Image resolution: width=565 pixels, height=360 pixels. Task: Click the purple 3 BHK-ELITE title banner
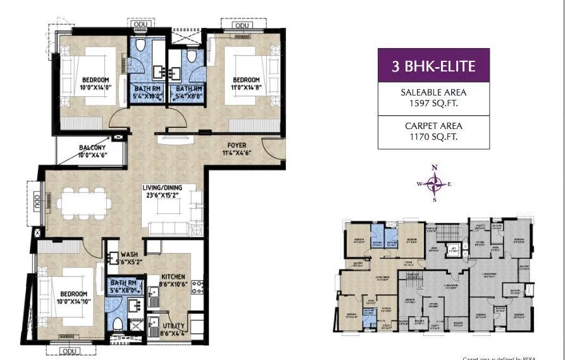point(433,65)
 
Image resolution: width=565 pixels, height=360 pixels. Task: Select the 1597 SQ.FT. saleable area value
point(433,104)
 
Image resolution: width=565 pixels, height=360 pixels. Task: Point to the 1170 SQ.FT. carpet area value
point(433,136)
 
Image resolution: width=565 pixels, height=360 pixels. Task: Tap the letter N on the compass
point(434,168)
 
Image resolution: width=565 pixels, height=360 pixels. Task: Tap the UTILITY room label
point(173,326)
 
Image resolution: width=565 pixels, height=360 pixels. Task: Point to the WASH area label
point(129,255)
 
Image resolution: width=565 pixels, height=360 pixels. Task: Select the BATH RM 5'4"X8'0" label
point(189,92)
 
